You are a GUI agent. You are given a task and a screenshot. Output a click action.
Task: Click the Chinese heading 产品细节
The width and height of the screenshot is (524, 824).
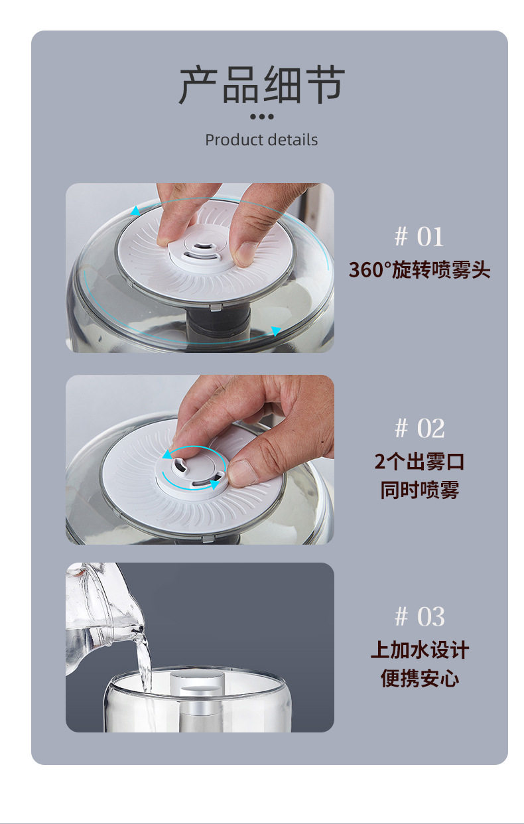(262, 85)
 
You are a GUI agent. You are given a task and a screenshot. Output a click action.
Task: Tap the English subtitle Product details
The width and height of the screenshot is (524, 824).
(261, 140)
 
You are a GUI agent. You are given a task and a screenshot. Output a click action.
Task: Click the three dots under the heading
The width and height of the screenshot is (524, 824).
(262, 117)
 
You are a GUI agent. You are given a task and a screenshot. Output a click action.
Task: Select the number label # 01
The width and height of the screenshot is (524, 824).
(419, 237)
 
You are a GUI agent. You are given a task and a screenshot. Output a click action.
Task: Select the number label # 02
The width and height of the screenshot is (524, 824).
(420, 428)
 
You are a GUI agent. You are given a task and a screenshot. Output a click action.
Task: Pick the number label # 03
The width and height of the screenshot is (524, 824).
(420, 616)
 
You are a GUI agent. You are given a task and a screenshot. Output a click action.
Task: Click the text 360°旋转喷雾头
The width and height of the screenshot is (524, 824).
(420, 269)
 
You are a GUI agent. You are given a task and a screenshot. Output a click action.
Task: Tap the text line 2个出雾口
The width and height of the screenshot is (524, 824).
(420, 461)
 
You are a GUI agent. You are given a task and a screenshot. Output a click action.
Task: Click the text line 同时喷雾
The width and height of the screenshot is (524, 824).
(420, 490)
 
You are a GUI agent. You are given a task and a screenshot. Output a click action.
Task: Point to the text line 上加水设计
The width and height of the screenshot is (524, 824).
(420, 650)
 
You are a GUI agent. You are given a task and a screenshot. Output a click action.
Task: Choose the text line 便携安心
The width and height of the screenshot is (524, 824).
(420, 678)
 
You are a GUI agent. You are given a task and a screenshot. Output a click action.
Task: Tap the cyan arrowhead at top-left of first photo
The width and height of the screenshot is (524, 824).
(135, 211)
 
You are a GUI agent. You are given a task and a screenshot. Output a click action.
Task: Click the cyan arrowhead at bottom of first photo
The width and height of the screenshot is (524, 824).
(275, 330)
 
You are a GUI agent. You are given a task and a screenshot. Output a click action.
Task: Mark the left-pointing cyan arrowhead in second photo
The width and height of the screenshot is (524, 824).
(167, 454)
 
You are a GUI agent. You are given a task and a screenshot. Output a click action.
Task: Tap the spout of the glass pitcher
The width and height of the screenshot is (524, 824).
(139, 630)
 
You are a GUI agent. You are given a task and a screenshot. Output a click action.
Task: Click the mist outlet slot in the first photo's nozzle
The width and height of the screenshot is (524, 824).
(202, 245)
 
